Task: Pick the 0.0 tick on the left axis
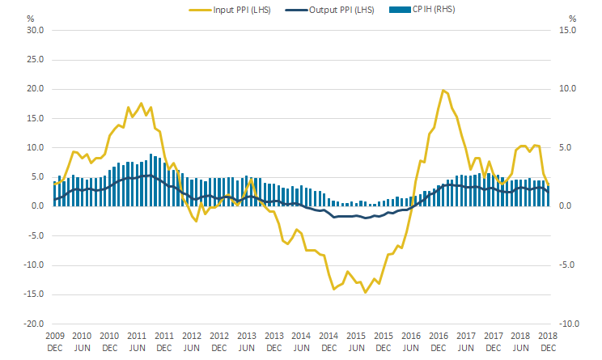[x=36, y=206]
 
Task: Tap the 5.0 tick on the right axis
[x=566, y=147]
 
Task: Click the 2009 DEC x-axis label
[x=54, y=341]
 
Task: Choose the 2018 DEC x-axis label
[x=549, y=341]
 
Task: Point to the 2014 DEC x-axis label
[x=329, y=341]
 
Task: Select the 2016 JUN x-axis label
[x=411, y=341]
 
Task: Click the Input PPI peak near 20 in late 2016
[x=443, y=91]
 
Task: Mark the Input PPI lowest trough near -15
[x=366, y=292]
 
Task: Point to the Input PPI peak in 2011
[x=142, y=104]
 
